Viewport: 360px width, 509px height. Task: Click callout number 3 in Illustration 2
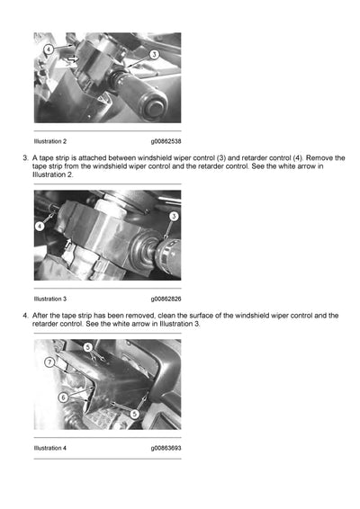[x=154, y=55]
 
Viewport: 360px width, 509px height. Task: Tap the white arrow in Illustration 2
[x=72, y=60]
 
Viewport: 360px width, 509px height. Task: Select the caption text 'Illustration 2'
[x=50, y=141]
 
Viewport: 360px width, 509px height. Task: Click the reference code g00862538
[x=166, y=141]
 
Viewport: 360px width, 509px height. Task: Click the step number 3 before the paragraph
[x=24, y=158]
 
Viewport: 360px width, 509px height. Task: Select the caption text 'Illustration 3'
[x=50, y=298]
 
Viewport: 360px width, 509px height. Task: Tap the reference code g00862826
[x=166, y=298]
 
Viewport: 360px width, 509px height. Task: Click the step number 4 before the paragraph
[x=24, y=316]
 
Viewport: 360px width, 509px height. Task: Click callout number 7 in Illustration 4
[x=49, y=362]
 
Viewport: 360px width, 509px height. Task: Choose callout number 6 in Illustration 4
[x=62, y=396]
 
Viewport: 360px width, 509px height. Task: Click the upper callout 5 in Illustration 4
[x=87, y=346]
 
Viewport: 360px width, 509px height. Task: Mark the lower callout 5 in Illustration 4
[x=134, y=414]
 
